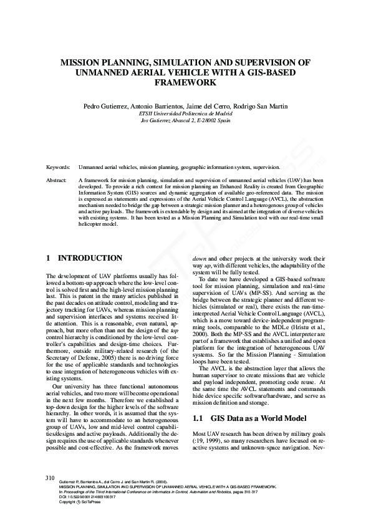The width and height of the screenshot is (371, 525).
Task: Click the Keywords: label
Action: (58, 168)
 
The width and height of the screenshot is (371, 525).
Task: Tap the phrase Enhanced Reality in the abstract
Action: (232, 186)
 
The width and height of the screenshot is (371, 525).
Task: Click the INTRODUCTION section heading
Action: (90, 258)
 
